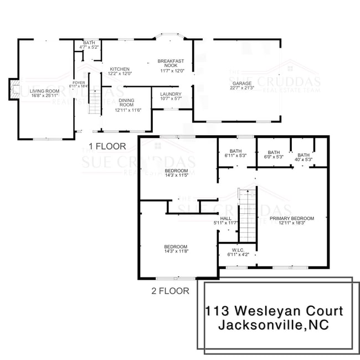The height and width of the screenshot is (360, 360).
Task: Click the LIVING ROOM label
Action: (44, 91)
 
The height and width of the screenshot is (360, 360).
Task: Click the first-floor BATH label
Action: (89, 43)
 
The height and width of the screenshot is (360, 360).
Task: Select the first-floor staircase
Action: (95, 103)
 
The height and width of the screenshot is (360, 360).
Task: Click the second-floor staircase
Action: (247, 213)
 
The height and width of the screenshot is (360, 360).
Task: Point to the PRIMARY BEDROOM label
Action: (292, 218)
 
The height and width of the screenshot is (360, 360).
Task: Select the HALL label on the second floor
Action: (226, 218)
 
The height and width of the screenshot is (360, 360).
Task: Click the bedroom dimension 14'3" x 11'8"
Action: (176, 251)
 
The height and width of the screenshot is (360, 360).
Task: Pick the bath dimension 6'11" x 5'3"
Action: (235, 156)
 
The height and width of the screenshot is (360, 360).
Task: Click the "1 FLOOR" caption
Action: (107, 146)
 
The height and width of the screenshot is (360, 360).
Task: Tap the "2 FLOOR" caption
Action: (170, 290)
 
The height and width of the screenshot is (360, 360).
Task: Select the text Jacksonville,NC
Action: (274, 325)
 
